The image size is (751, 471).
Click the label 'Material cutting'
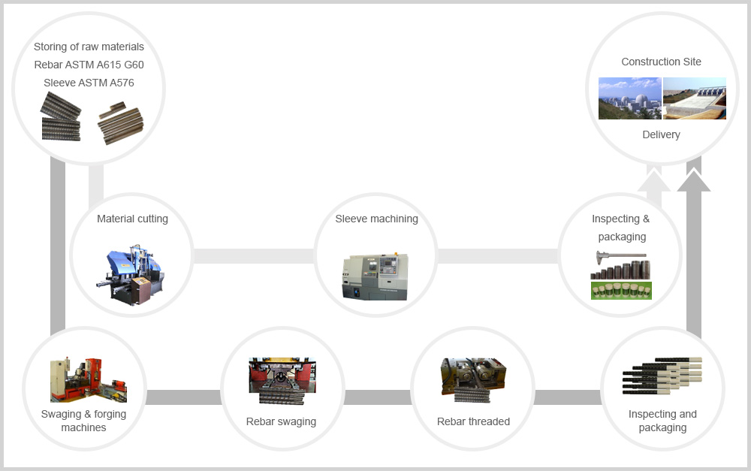(132, 219)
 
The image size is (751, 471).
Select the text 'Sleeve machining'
(376, 219)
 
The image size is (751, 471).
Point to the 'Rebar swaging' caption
(281, 421)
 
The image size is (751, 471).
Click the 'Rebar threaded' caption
(473, 421)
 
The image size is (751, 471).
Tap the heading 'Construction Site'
(662, 62)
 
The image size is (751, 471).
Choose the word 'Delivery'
(661, 134)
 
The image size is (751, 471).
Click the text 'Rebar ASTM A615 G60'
(89, 65)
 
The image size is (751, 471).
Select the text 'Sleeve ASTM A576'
(89, 83)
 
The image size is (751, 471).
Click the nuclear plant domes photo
(629, 98)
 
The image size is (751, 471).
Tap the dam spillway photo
(695, 98)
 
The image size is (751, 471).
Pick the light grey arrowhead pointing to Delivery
(653, 181)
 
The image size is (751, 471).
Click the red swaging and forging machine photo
(88, 380)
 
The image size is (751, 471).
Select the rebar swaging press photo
(282, 380)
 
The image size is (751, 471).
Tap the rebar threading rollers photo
(473, 380)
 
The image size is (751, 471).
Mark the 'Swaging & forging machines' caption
(83, 421)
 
